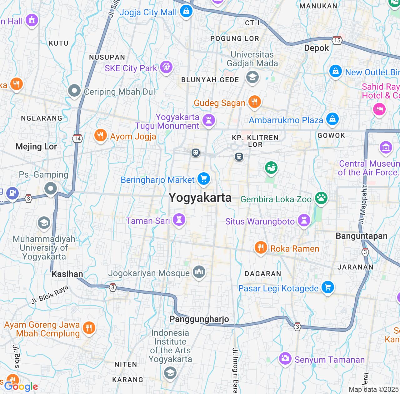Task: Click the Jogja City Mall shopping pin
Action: click(186, 11)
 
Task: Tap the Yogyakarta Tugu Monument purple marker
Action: click(209, 120)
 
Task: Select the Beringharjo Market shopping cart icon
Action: click(204, 179)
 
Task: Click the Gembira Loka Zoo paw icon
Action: click(321, 198)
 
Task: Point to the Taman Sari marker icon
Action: click(179, 220)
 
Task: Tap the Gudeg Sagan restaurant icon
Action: click(255, 102)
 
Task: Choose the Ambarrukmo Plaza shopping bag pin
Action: click(332, 119)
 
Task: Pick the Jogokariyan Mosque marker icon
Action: click(199, 272)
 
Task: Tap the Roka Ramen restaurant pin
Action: click(260, 248)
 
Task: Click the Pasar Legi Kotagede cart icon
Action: click(328, 287)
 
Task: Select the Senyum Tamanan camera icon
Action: click(285, 358)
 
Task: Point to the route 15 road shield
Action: click(337, 40)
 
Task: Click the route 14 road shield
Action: click(77, 138)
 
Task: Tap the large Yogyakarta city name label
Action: click(200, 198)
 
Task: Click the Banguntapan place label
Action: click(362, 236)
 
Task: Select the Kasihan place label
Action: click(67, 274)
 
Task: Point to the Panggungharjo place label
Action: click(199, 319)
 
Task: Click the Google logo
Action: click(21, 386)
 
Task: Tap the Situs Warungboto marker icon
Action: click(304, 220)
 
